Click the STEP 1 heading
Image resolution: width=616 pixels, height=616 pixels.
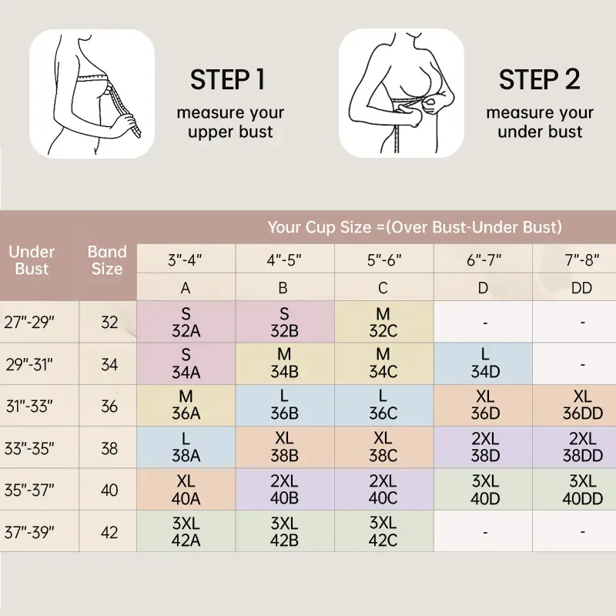click(227, 80)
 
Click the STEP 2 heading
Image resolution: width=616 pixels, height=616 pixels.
click(540, 80)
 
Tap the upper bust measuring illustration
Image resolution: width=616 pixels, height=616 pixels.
click(92, 94)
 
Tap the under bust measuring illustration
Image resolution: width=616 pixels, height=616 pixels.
click(401, 93)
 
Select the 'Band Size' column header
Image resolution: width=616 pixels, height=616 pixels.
click(107, 260)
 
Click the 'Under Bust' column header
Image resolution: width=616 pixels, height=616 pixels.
click(32, 260)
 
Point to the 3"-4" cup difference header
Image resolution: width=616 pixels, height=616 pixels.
click(185, 259)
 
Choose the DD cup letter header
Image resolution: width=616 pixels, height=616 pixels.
click(581, 288)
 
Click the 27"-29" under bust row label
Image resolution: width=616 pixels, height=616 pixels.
click(29, 322)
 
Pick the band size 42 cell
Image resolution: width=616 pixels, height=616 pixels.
click(109, 532)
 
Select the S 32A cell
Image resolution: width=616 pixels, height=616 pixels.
click(186, 322)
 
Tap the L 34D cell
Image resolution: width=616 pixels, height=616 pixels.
click(484, 363)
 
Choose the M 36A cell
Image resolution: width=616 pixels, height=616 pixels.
click(186, 406)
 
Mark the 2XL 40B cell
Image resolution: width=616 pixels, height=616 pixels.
click(285, 490)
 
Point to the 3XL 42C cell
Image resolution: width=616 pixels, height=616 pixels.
click(383, 531)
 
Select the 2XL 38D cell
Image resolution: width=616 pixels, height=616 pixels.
click(484, 447)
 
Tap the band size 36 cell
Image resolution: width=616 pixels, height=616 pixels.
click(109, 407)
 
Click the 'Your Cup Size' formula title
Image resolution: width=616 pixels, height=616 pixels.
click(415, 227)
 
